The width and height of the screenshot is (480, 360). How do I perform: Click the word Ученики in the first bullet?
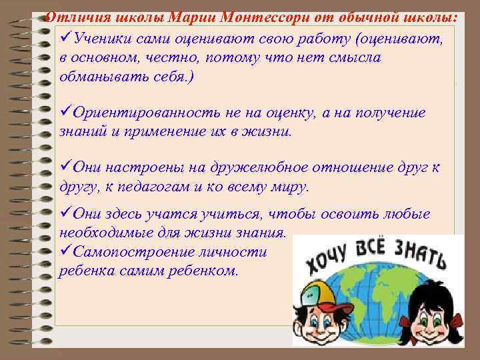103,39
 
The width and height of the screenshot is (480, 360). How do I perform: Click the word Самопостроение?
137,253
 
